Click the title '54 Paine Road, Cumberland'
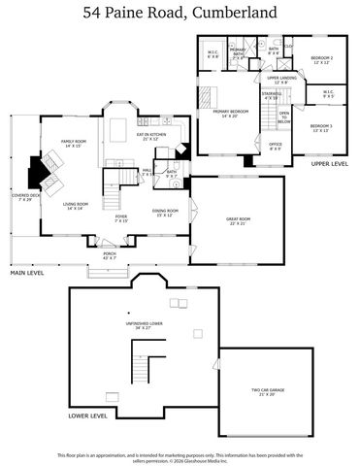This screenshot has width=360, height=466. (180, 13)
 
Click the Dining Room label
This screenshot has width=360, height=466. (166, 212)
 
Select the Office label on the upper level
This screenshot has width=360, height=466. (276, 147)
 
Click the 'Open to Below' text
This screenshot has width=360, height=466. (284, 117)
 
